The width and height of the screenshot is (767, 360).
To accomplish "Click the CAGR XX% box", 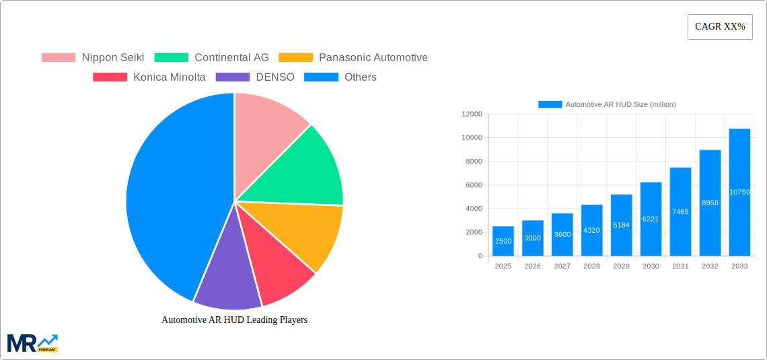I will click(720, 27).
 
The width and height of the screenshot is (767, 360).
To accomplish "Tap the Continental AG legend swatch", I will click(171, 58).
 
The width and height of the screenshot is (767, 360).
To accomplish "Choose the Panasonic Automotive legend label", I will click(373, 58).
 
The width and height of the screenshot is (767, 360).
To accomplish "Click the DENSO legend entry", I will click(255, 77).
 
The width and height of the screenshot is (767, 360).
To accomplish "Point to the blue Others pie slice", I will click(168, 195).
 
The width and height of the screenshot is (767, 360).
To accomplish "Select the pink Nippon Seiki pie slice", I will click(266, 121).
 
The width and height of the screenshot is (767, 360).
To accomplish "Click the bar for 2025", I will click(503, 241).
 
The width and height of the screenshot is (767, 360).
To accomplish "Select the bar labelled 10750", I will click(739, 192).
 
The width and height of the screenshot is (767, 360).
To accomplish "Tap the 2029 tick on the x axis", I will click(621, 266).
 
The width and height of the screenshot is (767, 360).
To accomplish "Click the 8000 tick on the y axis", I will click(474, 161).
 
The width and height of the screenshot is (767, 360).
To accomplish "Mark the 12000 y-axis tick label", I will click(472, 114).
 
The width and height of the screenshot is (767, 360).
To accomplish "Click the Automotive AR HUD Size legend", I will click(607, 104).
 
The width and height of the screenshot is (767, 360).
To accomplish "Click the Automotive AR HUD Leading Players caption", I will click(234, 320).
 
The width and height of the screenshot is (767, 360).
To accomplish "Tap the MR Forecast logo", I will click(32, 343).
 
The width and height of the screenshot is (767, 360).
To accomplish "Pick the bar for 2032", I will click(710, 202).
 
